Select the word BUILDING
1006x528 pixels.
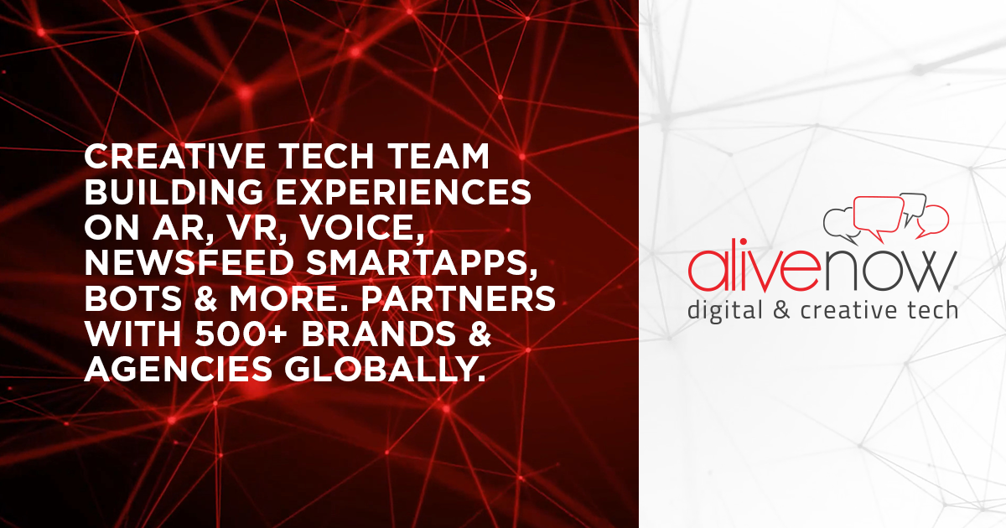pyautogui.click(x=174, y=192)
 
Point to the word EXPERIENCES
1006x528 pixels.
pyautogui.click(x=403, y=192)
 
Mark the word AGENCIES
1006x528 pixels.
pyautogui.click(x=179, y=370)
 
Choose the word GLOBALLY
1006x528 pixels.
pyautogui.click(x=386, y=370)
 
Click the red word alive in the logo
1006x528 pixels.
pyautogui.click(x=754, y=270)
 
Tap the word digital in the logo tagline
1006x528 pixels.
pyautogui.click(x=725, y=311)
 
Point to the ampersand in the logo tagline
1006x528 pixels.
pyautogui.click(x=781, y=311)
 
